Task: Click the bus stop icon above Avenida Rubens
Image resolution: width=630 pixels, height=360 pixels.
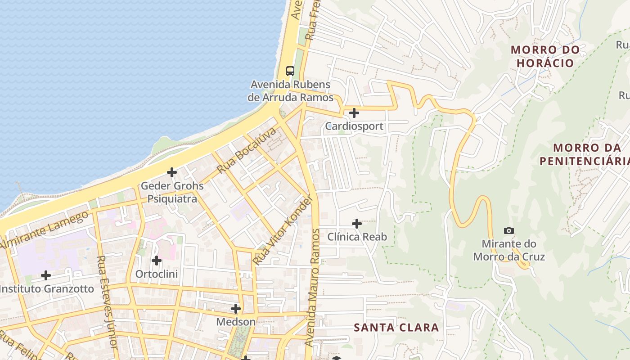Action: click(x=290, y=71)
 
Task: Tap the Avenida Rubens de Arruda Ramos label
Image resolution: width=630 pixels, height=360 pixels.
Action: click(x=291, y=91)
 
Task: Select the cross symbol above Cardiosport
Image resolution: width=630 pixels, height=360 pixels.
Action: click(x=354, y=112)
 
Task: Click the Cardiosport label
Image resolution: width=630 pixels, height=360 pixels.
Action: click(x=354, y=126)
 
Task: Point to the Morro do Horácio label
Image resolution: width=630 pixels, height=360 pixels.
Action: click(x=545, y=56)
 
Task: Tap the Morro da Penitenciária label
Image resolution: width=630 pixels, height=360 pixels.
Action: click(x=585, y=154)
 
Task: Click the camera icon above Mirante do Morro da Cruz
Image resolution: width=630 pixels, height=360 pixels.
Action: click(x=509, y=230)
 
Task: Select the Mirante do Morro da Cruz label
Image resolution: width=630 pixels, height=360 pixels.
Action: click(x=509, y=250)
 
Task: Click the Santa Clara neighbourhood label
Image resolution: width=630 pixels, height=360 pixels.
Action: click(x=396, y=327)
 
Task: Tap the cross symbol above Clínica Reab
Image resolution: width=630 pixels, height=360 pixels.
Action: click(x=357, y=223)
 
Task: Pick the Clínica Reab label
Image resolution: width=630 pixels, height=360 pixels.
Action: click(x=357, y=237)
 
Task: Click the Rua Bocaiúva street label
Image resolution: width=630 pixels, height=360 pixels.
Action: click(x=246, y=151)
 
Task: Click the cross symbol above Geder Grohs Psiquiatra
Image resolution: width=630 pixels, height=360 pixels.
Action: click(x=172, y=172)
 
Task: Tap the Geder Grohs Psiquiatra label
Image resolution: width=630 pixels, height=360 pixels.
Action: click(x=172, y=192)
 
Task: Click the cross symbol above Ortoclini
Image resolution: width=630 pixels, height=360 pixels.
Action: click(x=157, y=261)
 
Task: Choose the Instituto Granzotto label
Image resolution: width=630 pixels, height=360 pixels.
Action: click(x=47, y=288)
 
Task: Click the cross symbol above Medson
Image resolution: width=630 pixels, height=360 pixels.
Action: click(x=236, y=309)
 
